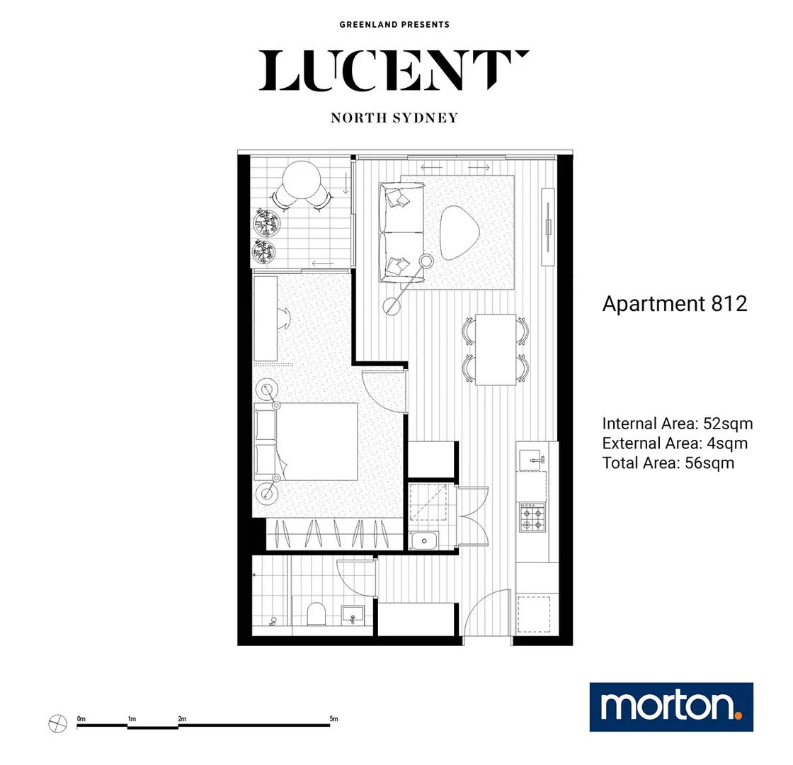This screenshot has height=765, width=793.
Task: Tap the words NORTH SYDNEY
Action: click(394, 118)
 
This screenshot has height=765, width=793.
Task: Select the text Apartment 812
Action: click(674, 304)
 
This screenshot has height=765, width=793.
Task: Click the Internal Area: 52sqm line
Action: click(677, 424)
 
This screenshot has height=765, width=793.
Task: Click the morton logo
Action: click(671, 707)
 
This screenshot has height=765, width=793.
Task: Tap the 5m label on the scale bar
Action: click(333, 720)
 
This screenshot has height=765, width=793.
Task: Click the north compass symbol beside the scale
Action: click(57, 724)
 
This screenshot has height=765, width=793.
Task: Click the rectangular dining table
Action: click(496, 349)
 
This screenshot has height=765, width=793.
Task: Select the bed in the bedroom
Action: click(312, 442)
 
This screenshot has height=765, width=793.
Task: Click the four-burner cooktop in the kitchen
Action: click(532, 516)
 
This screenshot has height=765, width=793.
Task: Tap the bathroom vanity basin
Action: click(352, 614)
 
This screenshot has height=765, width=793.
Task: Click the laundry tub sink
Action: click(424, 542)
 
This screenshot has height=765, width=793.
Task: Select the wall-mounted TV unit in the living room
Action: click(549, 227)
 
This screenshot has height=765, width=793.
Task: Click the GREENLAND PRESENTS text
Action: click(394, 25)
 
